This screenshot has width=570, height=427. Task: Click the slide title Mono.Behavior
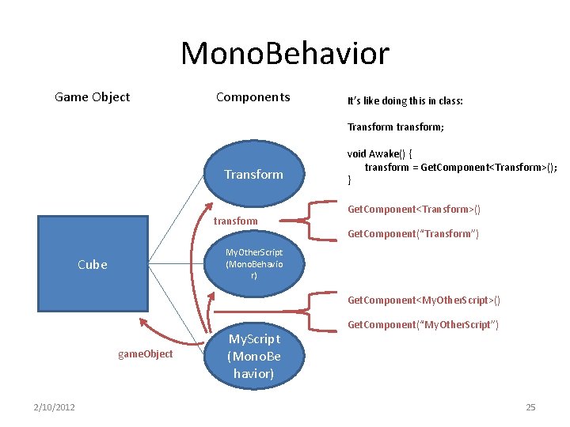[285, 54]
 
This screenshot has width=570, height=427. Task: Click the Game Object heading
[92, 97]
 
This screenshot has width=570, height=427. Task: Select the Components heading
[253, 97]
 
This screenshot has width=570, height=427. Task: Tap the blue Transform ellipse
[253, 174]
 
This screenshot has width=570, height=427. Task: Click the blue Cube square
[92, 264]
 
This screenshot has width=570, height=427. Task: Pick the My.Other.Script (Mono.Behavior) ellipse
[253, 264]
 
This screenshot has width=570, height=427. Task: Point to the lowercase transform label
[235, 221]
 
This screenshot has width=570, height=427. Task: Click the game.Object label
[145, 353]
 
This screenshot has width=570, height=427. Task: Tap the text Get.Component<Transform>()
[414, 209]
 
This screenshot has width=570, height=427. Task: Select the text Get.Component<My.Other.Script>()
[424, 300]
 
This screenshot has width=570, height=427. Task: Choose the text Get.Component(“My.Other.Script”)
[423, 324]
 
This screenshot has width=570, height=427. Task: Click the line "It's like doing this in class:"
[405, 101]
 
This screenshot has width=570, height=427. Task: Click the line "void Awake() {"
[380, 154]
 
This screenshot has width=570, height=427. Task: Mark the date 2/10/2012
[54, 406]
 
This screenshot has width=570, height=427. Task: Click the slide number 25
[530, 406]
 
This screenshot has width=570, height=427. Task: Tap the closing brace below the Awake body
[350, 180]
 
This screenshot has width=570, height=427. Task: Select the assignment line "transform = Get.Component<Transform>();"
[461, 167]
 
